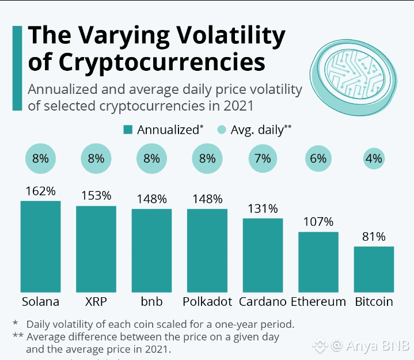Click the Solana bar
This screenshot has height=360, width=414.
click(x=40, y=246)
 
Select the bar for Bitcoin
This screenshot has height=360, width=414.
click(x=374, y=269)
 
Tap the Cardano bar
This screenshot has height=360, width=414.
click(x=263, y=255)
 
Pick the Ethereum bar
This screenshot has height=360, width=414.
click(x=318, y=262)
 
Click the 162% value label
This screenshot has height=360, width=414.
click(x=40, y=191)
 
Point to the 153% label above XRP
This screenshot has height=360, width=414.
click(x=96, y=196)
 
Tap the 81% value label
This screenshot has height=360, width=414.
click(x=374, y=237)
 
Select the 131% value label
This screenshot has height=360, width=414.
click(x=263, y=209)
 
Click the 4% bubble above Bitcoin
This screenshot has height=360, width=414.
click(x=374, y=159)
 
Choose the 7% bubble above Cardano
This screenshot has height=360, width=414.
click(x=263, y=159)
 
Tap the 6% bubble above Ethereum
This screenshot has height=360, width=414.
click(x=318, y=159)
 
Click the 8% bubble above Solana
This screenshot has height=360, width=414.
click(x=40, y=159)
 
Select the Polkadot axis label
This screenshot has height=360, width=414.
click(x=207, y=302)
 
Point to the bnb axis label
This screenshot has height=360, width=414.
click(x=151, y=302)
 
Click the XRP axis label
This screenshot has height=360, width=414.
click(x=96, y=302)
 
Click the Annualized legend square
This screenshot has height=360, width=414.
click(x=128, y=130)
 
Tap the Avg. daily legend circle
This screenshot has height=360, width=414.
click(x=222, y=130)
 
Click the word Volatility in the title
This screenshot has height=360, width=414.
click(x=225, y=36)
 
